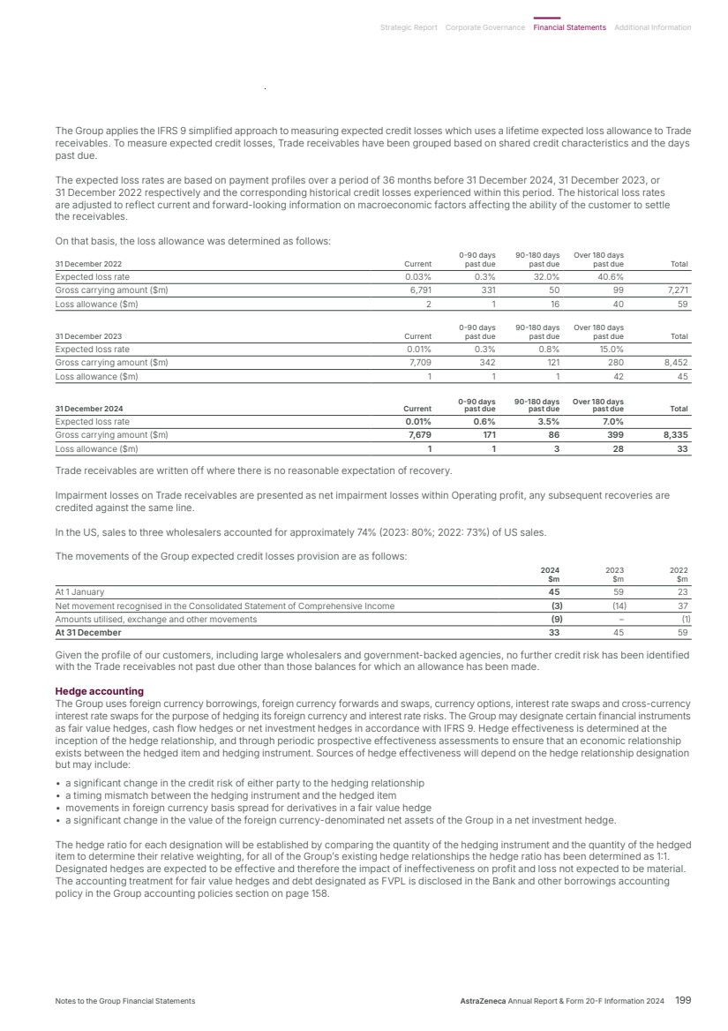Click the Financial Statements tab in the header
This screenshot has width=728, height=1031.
pos(569,27)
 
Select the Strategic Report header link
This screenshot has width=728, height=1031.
pos(408,27)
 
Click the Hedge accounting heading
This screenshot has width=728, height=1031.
pos(99,690)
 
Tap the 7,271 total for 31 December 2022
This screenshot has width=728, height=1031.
pos(676,289)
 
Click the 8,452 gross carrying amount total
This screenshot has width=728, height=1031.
pos(675,361)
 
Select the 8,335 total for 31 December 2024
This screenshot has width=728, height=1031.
pos(674,434)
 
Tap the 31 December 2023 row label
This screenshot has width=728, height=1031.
pos(88,336)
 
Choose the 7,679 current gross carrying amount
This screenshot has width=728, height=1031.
pos(417,434)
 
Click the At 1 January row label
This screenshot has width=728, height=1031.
pos(79,592)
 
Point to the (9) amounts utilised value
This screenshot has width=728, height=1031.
pos(556,619)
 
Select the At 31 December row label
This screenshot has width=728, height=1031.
pos(88,632)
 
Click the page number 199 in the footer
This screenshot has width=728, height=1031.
pos(683,1000)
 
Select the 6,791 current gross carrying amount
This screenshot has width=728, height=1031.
pos(417,289)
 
